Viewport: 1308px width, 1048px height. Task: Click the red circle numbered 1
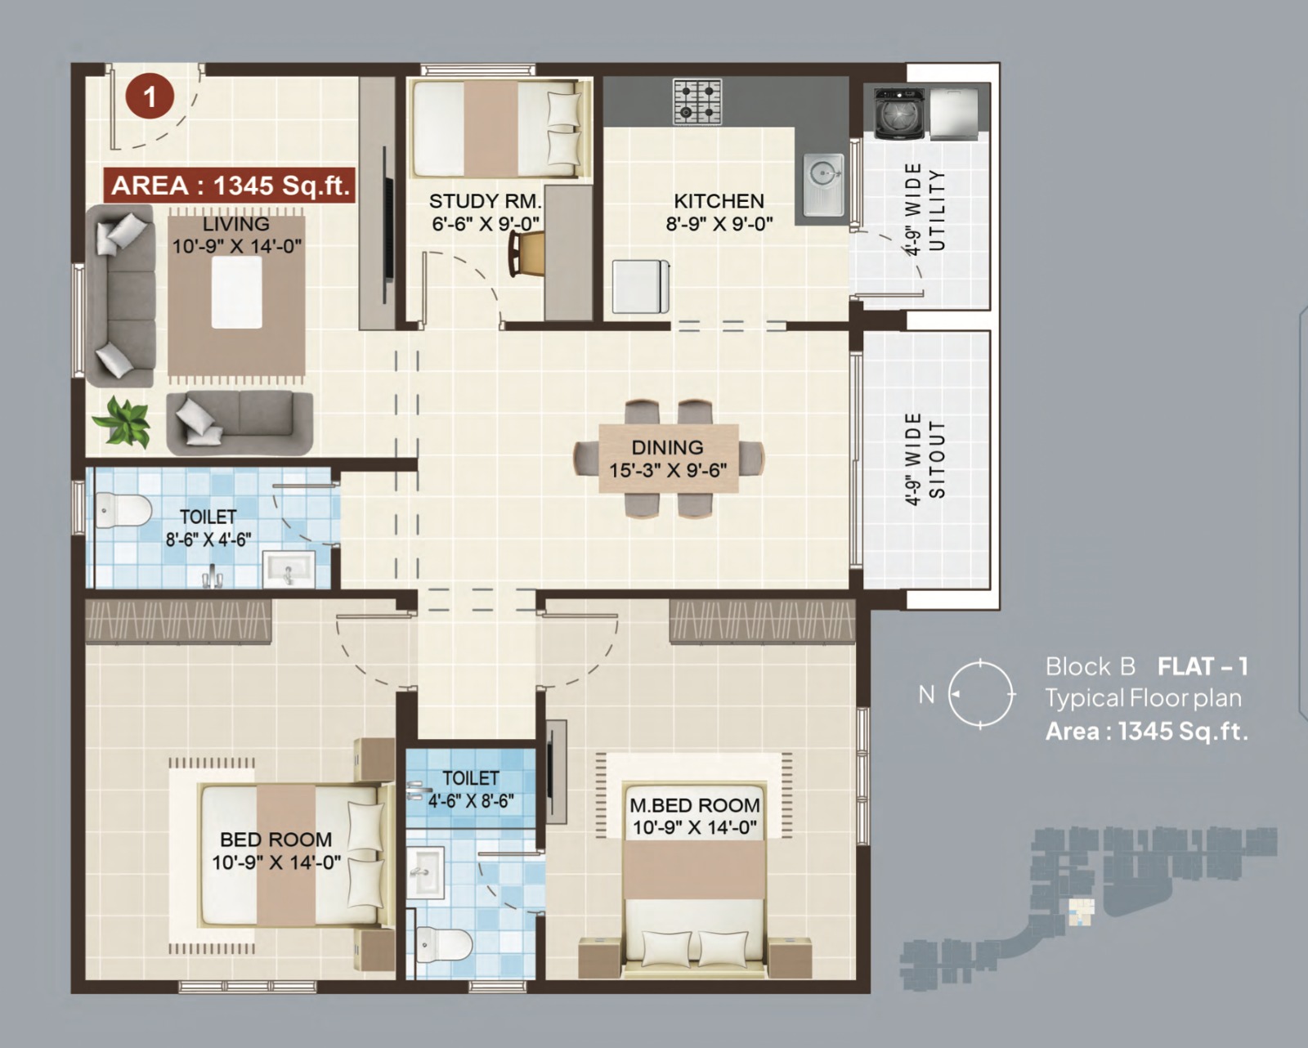coord(150,96)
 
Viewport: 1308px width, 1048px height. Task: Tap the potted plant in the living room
coord(123,421)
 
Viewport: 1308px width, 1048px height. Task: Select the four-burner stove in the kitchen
coord(697,101)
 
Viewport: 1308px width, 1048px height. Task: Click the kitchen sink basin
coord(823,185)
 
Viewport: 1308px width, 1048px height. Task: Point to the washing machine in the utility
coord(899,114)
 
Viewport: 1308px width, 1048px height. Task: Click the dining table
coord(669,459)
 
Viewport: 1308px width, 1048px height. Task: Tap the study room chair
coord(526,254)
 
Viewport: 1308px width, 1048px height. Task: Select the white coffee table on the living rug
coord(236,293)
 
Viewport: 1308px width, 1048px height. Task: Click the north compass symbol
coord(980,693)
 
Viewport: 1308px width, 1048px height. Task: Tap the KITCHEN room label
coord(719,200)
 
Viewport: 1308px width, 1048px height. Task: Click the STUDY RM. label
coord(485,200)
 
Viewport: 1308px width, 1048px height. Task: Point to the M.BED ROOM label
coord(695,805)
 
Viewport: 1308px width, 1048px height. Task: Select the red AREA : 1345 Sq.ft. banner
coord(229,185)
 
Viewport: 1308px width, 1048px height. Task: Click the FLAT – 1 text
coord(1203,666)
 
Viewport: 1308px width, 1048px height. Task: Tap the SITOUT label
coord(937,459)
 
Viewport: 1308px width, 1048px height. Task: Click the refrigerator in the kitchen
coord(641,286)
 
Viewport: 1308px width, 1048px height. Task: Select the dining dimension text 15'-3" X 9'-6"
coord(668,471)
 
